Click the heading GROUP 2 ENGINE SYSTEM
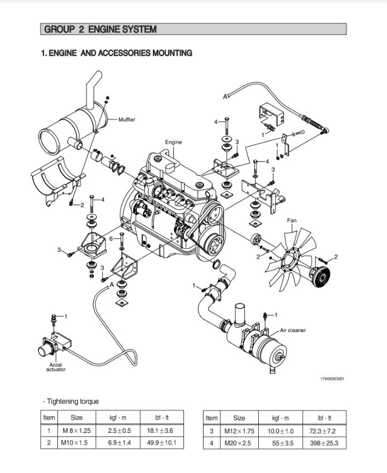(100, 30)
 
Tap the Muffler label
(127, 119)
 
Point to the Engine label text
(173, 142)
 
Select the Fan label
(292, 220)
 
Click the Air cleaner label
(293, 330)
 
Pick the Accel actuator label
(56, 367)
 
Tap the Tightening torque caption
(72, 401)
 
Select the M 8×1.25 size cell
(76, 431)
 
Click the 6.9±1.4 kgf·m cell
(120, 443)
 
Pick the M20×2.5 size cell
(239, 443)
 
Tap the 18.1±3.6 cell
(161, 431)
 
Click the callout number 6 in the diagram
(111, 238)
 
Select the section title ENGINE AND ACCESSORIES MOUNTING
(117, 53)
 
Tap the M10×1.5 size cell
(76, 443)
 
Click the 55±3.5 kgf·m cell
(280, 443)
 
